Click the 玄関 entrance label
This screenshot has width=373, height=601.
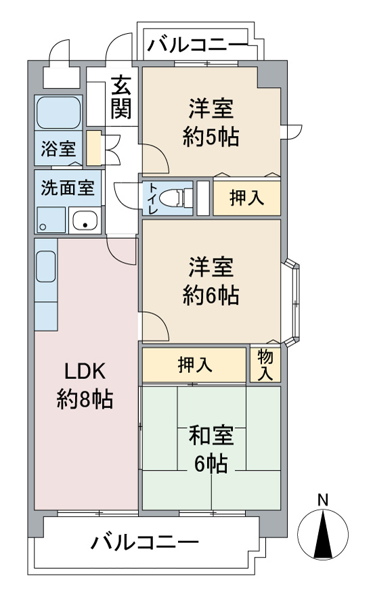click(121, 97)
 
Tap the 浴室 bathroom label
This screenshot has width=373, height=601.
click(58, 149)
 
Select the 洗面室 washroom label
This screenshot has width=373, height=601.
click(68, 188)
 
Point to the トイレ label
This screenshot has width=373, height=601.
click(152, 198)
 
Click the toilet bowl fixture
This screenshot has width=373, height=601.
click(175, 198)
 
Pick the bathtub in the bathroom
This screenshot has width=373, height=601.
click(59, 112)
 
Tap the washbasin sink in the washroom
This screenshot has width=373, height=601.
click(85, 220)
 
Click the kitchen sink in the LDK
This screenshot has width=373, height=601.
click(45, 267)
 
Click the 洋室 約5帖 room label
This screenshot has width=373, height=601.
click(211, 123)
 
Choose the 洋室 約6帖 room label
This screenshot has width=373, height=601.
click(211, 282)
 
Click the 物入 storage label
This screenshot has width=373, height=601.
click(265, 365)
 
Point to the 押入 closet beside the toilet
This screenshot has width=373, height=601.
click(247, 198)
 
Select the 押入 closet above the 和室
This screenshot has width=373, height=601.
click(195, 365)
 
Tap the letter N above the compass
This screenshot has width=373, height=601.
click(323, 499)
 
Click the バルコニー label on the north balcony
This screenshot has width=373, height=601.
click(198, 45)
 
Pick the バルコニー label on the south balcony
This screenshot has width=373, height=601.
click(144, 542)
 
